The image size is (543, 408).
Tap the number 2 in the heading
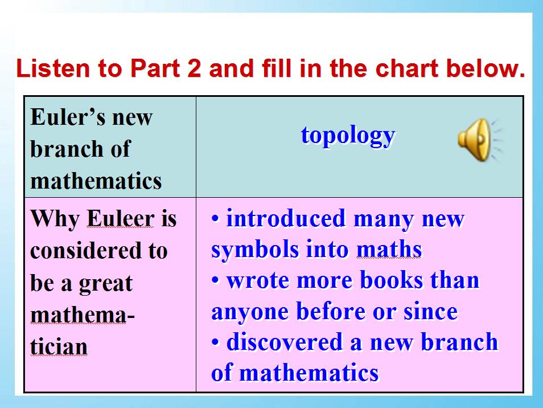tap(194, 68)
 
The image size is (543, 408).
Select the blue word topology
tap(348, 136)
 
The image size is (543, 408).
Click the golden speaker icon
tap(479, 140)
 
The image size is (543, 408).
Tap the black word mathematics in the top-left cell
tap(96, 181)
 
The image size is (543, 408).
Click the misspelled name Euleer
tap(121, 219)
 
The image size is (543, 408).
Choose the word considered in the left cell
tap(86, 250)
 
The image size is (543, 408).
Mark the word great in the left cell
tap(105, 284)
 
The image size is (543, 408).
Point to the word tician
tap(59, 346)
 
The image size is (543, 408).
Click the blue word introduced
tap(286, 218)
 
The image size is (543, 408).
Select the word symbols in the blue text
tap(255, 250)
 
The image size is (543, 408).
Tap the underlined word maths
tap(389, 250)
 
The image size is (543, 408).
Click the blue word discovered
tap(285, 341)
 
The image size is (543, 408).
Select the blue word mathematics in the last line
tap(309, 373)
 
